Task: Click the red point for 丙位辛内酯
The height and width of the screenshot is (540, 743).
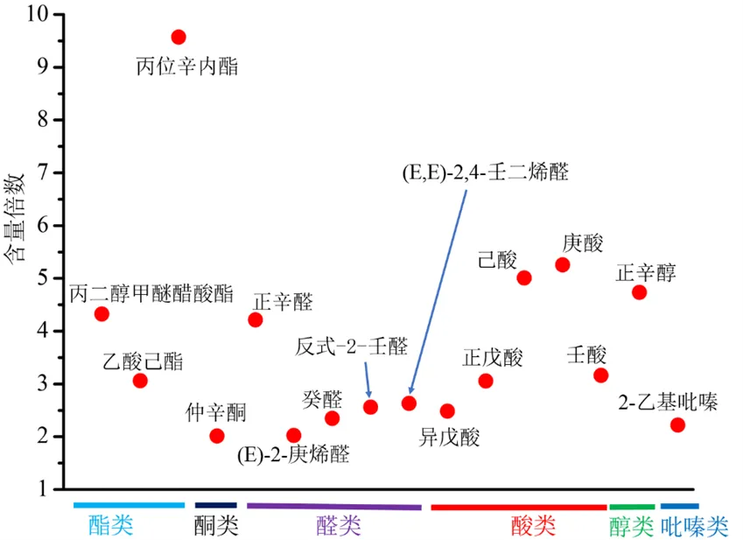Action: [x=179, y=37]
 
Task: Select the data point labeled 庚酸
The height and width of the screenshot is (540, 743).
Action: [x=563, y=264]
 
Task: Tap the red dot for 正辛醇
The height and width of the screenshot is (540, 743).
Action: [x=639, y=292]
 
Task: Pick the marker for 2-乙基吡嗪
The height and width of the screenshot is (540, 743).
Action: [x=677, y=425]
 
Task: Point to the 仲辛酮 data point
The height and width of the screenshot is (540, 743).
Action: [x=217, y=436]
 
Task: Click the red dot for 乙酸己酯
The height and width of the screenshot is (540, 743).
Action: [x=140, y=381]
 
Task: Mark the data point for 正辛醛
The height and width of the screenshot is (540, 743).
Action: [x=256, y=319]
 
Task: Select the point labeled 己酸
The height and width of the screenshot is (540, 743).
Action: [x=524, y=278]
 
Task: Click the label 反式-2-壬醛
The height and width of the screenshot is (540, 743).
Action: [x=352, y=347]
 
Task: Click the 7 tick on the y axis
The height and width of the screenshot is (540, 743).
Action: [x=43, y=172]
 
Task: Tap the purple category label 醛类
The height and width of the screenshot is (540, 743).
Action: [x=338, y=525]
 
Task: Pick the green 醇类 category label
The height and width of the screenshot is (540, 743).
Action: [x=631, y=525]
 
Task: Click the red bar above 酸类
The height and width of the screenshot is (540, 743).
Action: [x=518, y=507]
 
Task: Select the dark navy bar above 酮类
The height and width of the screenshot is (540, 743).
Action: [x=215, y=505]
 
